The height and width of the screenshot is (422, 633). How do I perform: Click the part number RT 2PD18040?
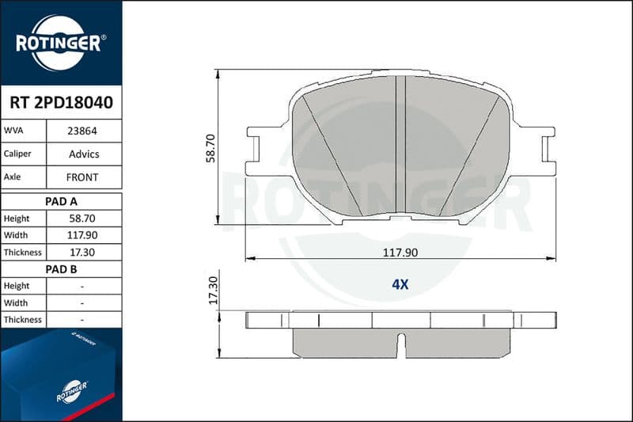[61, 103]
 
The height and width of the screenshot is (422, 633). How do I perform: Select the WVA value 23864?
[82, 131]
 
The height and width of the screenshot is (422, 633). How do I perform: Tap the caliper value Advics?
[84, 154]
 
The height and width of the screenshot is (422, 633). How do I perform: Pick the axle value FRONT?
[82, 177]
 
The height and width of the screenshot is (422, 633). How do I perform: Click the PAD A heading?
[61, 202]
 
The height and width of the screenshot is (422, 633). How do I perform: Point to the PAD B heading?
[61, 269]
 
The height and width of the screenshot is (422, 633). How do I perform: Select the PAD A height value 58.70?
[82, 219]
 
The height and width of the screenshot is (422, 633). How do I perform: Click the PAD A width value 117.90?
[82, 235]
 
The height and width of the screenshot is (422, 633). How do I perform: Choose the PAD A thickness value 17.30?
[82, 253]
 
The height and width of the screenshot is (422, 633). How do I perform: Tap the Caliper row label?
[17, 154]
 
